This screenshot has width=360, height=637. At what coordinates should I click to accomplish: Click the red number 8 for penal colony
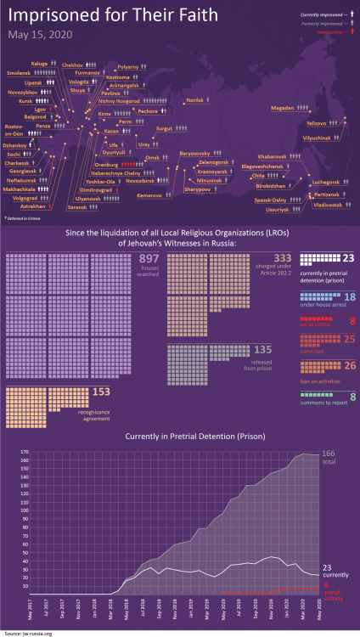click(352, 321)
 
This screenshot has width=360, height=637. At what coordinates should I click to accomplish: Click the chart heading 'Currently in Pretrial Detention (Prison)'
click(180, 436)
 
